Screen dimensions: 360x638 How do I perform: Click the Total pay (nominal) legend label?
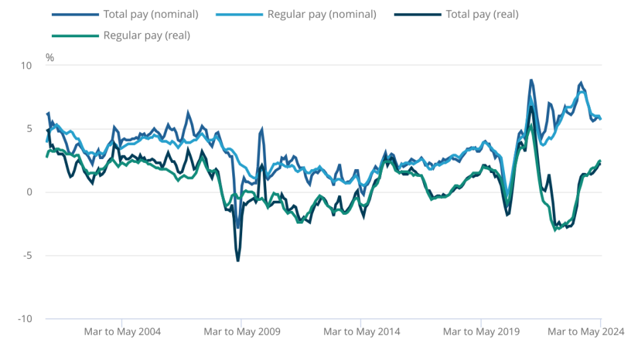[150, 14]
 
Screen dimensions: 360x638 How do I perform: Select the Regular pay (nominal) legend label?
[321, 14]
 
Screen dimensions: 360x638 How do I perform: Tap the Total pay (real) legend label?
[482, 14]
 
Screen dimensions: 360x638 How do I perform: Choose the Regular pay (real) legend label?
[146, 35]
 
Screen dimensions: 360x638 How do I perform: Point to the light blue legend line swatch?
[238, 14]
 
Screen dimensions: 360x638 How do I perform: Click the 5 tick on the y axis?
[29, 128]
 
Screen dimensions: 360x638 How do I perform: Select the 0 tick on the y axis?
[29, 192]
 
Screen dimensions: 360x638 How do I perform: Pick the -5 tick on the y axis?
[27, 256]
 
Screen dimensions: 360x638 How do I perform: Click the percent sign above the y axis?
[50, 57]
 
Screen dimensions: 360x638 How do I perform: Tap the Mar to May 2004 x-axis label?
[122, 331]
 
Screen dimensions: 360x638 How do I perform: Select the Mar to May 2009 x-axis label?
[242, 331]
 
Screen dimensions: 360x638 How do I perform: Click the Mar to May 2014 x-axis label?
[362, 331]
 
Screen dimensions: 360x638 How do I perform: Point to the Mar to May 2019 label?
[481, 331]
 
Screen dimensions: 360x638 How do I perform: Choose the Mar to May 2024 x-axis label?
[585, 331]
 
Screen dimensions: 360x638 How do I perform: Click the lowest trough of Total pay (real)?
[238, 260]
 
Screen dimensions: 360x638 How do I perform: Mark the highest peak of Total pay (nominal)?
[531, 81]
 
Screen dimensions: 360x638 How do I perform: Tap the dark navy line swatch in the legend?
[416, 14]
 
